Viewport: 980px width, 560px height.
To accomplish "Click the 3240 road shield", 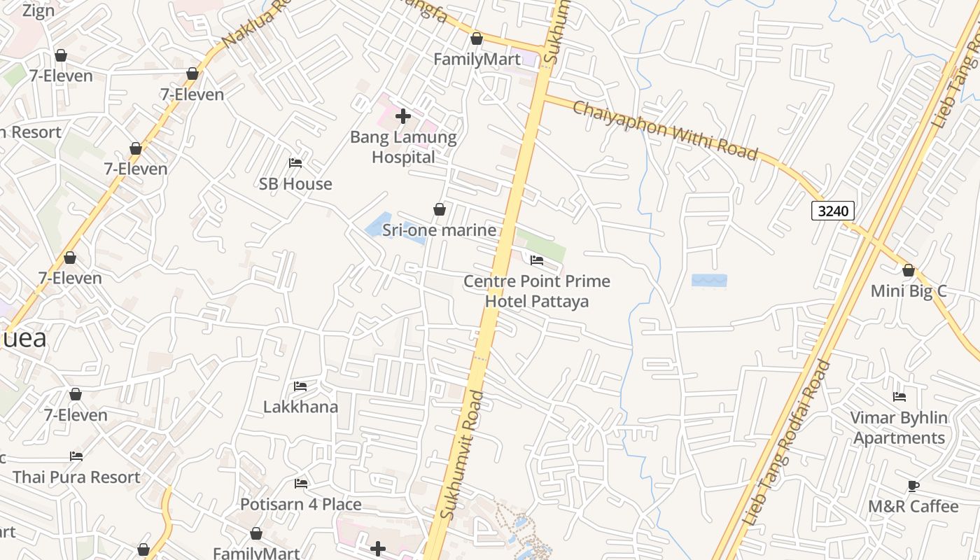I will [x=833, y=210].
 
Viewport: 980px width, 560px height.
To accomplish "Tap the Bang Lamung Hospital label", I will [x=403, y=147].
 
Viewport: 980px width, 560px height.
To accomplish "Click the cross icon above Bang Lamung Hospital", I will [x=403, y=116].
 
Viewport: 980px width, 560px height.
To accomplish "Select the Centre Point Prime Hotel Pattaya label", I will [x=537, y=291].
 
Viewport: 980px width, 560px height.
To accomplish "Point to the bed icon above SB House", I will [x=295, y=163].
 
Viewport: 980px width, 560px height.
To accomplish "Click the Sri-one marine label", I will [x=439, y=230].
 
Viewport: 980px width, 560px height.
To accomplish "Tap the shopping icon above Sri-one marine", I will [x=440, y=209].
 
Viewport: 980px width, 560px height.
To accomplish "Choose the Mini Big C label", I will [x=908, y=290].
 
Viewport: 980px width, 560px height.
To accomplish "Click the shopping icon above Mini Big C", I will [x=909, y=270].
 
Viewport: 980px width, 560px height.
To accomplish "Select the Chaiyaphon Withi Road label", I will [x=665, y=130].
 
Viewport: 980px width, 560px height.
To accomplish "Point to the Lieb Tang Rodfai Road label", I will [x=787, y=442].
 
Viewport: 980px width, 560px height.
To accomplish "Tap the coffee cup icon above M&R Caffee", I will [x=913, y=486].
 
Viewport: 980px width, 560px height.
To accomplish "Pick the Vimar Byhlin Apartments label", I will [x=899, y=428].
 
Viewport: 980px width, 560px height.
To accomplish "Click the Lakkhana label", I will [x=300, y=407].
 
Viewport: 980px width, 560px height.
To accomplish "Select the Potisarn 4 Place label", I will [x=301, y=504].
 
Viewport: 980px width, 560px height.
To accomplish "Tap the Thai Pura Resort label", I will [x=76, y=477].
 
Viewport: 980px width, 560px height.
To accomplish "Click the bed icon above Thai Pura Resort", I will [x=76, y=456].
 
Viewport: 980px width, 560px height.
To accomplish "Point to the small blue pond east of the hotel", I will [x=709, y=281].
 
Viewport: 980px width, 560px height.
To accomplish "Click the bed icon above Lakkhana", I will [x=300, y=386].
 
